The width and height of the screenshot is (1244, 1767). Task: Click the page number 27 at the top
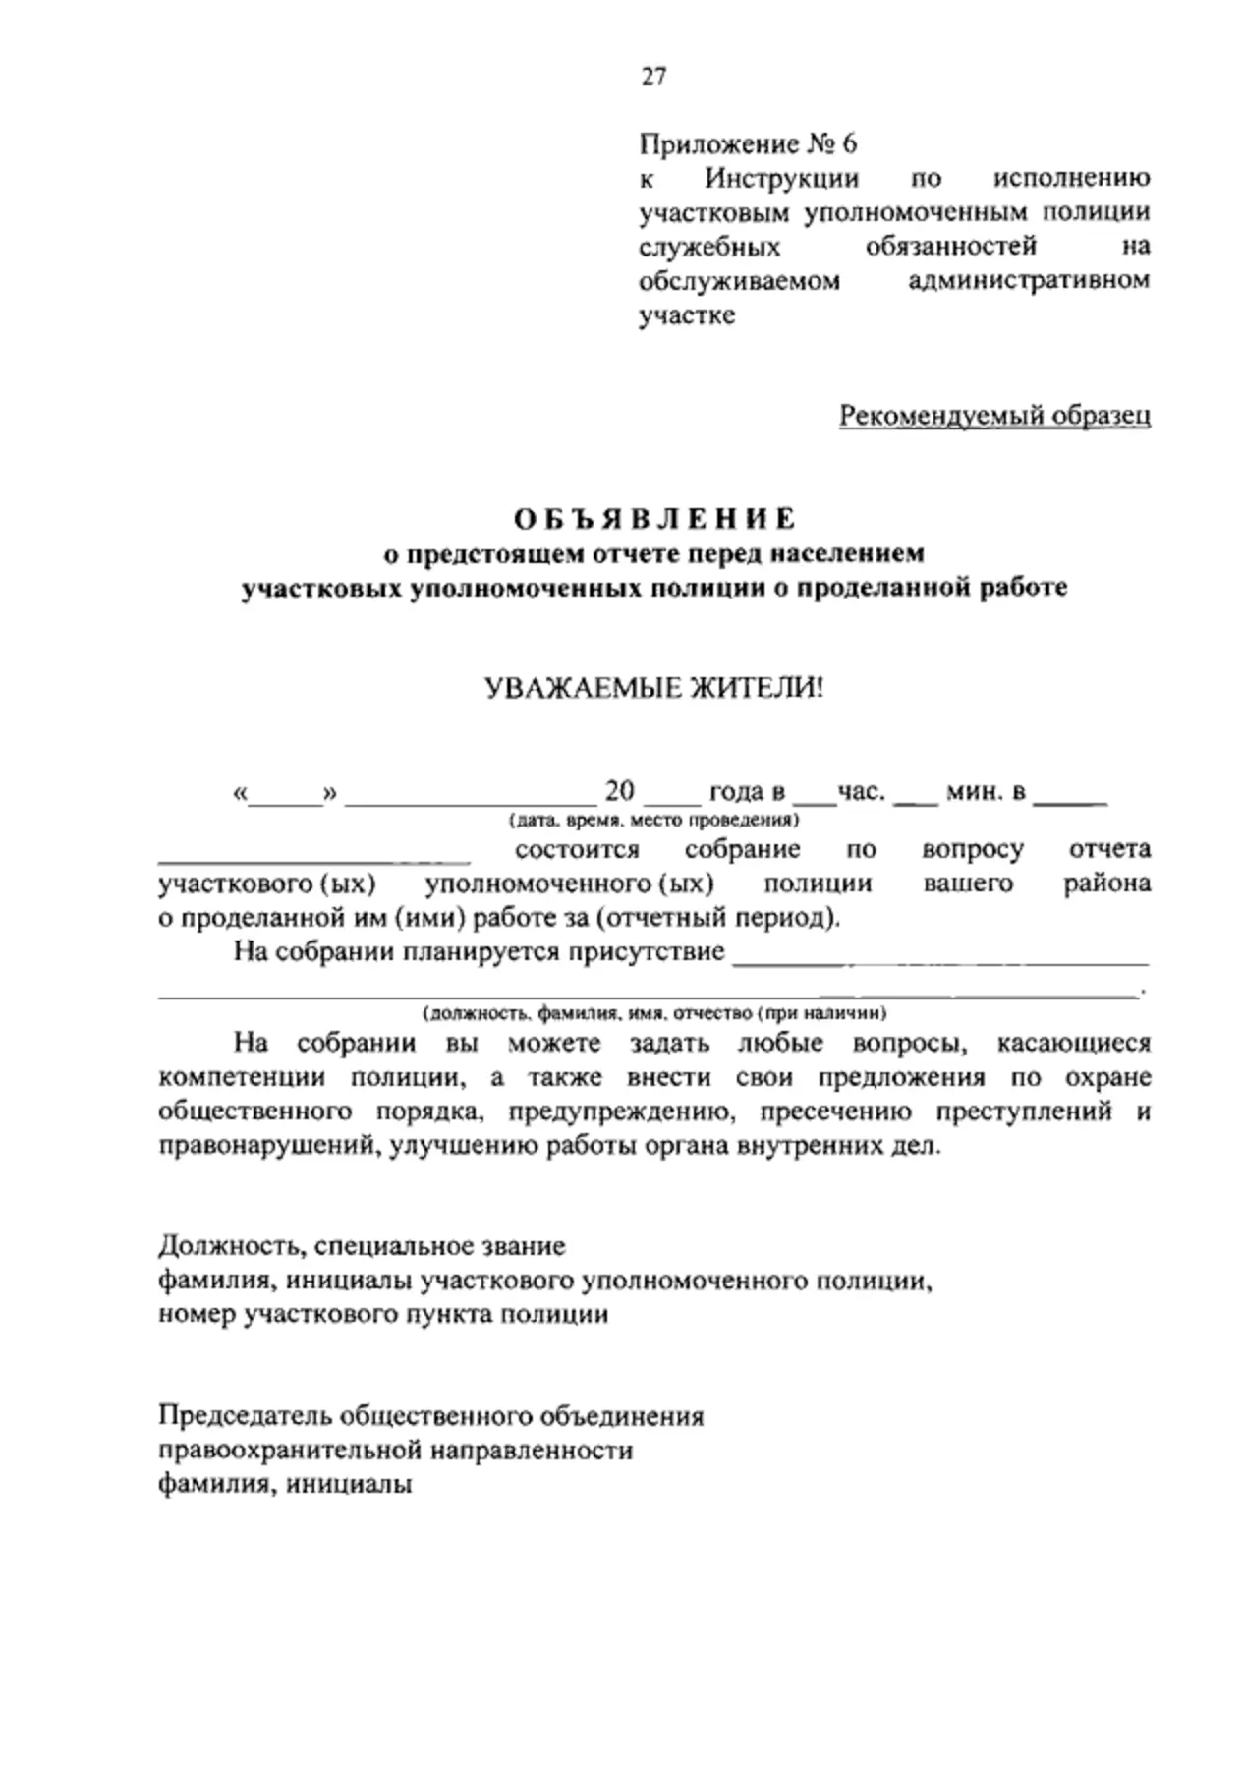point(653,77)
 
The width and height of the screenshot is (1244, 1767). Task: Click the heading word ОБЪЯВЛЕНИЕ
point(653,518)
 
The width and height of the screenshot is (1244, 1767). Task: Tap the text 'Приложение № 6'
point(748,144)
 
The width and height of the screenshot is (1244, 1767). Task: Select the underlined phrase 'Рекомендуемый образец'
point(994,416)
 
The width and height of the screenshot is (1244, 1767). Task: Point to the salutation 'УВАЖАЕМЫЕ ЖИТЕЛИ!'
point(654,688)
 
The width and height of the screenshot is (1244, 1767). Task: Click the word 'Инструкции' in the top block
point(781,179)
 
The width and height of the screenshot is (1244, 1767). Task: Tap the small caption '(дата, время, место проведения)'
point(653,820)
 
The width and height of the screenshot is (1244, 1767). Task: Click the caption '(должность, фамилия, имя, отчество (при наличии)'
point(654,1012)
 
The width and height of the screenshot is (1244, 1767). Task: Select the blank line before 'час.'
point(814,802)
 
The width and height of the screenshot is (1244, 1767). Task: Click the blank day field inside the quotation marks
point(286,802)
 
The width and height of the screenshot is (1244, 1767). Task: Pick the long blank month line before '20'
point(470,802)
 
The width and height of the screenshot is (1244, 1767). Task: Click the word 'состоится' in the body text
point(577,849)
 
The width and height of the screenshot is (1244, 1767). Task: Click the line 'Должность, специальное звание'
point(362,1246)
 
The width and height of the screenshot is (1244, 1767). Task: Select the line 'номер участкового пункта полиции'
point(383,1314)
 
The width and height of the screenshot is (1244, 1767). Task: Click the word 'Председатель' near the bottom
point(245,1416)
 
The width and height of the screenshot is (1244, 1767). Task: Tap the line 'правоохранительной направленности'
point(395,1451)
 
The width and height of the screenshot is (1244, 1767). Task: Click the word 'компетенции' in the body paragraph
point(242,1077)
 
